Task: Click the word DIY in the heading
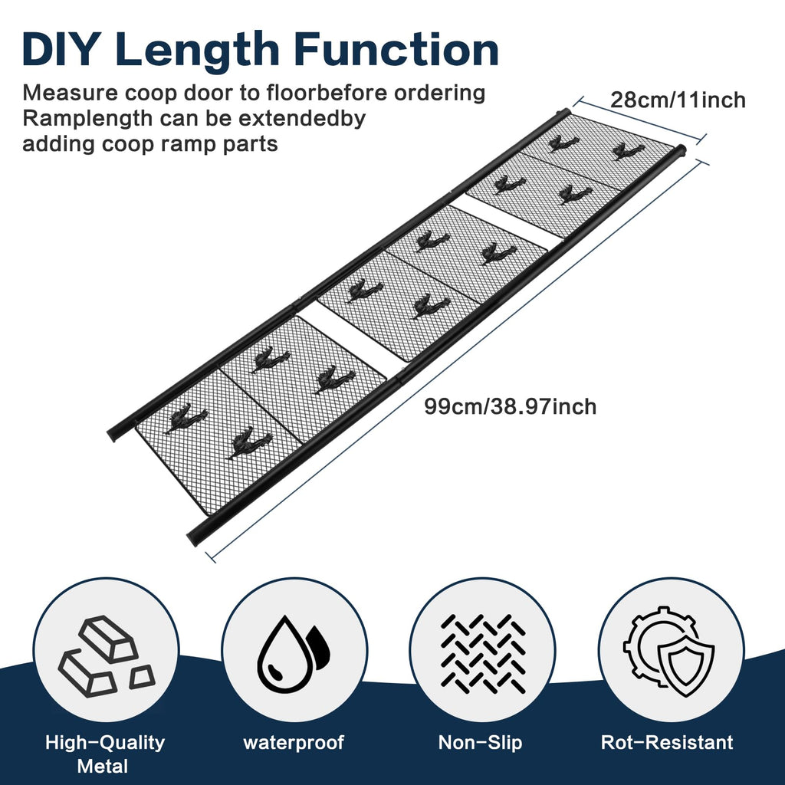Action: pyautogui.click(x=58, y=50)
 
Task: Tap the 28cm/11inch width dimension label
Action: pyautogui.click(x=678, y=100)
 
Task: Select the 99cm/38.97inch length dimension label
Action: pyautogui.click(x=510, y=406)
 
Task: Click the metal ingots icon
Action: pyautogui.click(x=107, y=656)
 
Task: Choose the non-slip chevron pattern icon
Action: pyautogui.click(x=483, y=654)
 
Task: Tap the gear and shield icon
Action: pyautogui.click(x=668, y=652)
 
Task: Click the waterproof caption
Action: pyautogui.click(x=294, y=742)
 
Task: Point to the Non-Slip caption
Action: pyautogui.click(x=480, y=742)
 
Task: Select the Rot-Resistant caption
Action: pyautogui.click(x=667, y=742)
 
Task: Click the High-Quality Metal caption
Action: pyautogui.click(x=104, y=754)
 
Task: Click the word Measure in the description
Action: pyautogui.click(x=70, y=93)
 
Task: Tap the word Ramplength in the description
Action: pyautogui.click(x=87, y=120)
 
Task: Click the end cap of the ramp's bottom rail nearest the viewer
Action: pyautogui.click(x=193, y=537)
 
